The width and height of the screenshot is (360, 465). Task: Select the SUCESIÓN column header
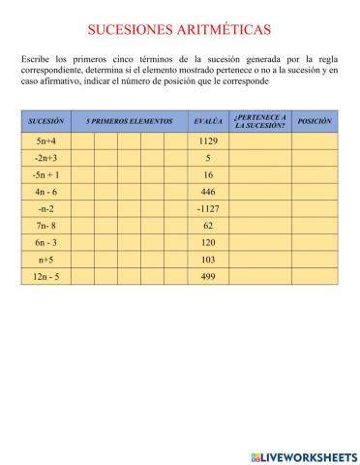(x=46, y=121)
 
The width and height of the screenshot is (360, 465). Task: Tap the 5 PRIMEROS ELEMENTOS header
(x=129, y=121)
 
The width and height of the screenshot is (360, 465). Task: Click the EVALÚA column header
(x=208, y=121)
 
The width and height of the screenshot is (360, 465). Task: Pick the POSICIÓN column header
(x=315, y=121)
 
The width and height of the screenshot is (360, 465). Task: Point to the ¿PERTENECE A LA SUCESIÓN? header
(x=259, y=121)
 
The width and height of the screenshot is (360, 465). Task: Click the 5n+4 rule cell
(x=46, y=141)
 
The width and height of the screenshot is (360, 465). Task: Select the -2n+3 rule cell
(x=46, y=158)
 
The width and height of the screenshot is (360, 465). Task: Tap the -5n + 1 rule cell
(x=46, y=175)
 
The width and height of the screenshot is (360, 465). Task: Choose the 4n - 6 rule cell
(x=46, y=192)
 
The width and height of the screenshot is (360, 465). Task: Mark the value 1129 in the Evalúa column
(x=208, y=141)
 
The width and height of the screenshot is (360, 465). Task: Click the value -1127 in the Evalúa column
(x=208, y=208)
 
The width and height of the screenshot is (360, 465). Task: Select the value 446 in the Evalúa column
(x=208, y=192)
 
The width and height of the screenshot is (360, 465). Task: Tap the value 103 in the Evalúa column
(x=208, y=260)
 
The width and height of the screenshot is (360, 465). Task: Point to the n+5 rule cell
(x=46, y=260)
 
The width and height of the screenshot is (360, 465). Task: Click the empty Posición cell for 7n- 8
(x=315, y=226)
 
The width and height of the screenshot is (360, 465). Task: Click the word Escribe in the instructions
(x=35, y=60)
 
